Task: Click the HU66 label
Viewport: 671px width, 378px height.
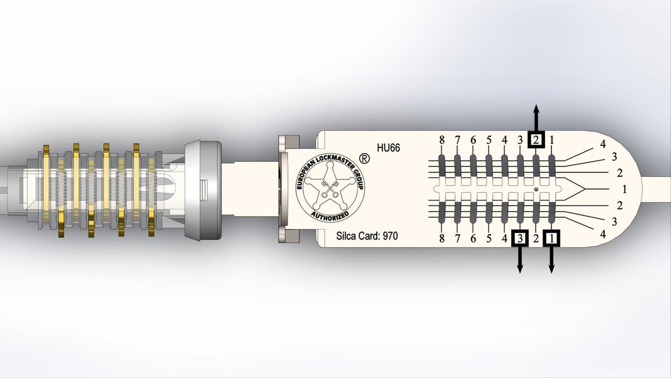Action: click(x=389, y=148)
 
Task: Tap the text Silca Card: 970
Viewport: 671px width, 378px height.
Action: click(x=367, y=236)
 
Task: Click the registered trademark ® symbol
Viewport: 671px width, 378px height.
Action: click(x=364, y=158)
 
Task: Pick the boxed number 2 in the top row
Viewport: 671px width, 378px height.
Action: click(x=536, y=140)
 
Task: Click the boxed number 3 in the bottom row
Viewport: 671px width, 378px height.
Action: click(x=521, y=239)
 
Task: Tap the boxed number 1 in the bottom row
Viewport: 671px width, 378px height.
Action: click(x=551, y=239)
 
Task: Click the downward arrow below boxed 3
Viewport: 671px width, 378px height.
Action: click(x=521, y=260)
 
